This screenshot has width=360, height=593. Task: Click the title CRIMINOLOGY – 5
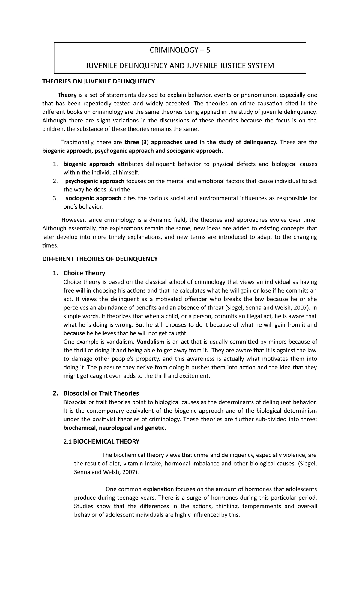180,50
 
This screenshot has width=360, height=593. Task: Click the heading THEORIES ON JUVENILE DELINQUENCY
99,81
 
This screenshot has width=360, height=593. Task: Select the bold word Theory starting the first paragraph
67,95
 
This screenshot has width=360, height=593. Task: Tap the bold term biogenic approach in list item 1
89,164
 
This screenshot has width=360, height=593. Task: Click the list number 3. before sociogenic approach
55,198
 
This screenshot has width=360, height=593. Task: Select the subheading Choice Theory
84,273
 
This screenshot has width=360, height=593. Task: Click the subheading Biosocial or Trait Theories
101,393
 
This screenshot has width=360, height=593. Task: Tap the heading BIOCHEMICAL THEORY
106,441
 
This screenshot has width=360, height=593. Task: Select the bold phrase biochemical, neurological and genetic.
115,428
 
